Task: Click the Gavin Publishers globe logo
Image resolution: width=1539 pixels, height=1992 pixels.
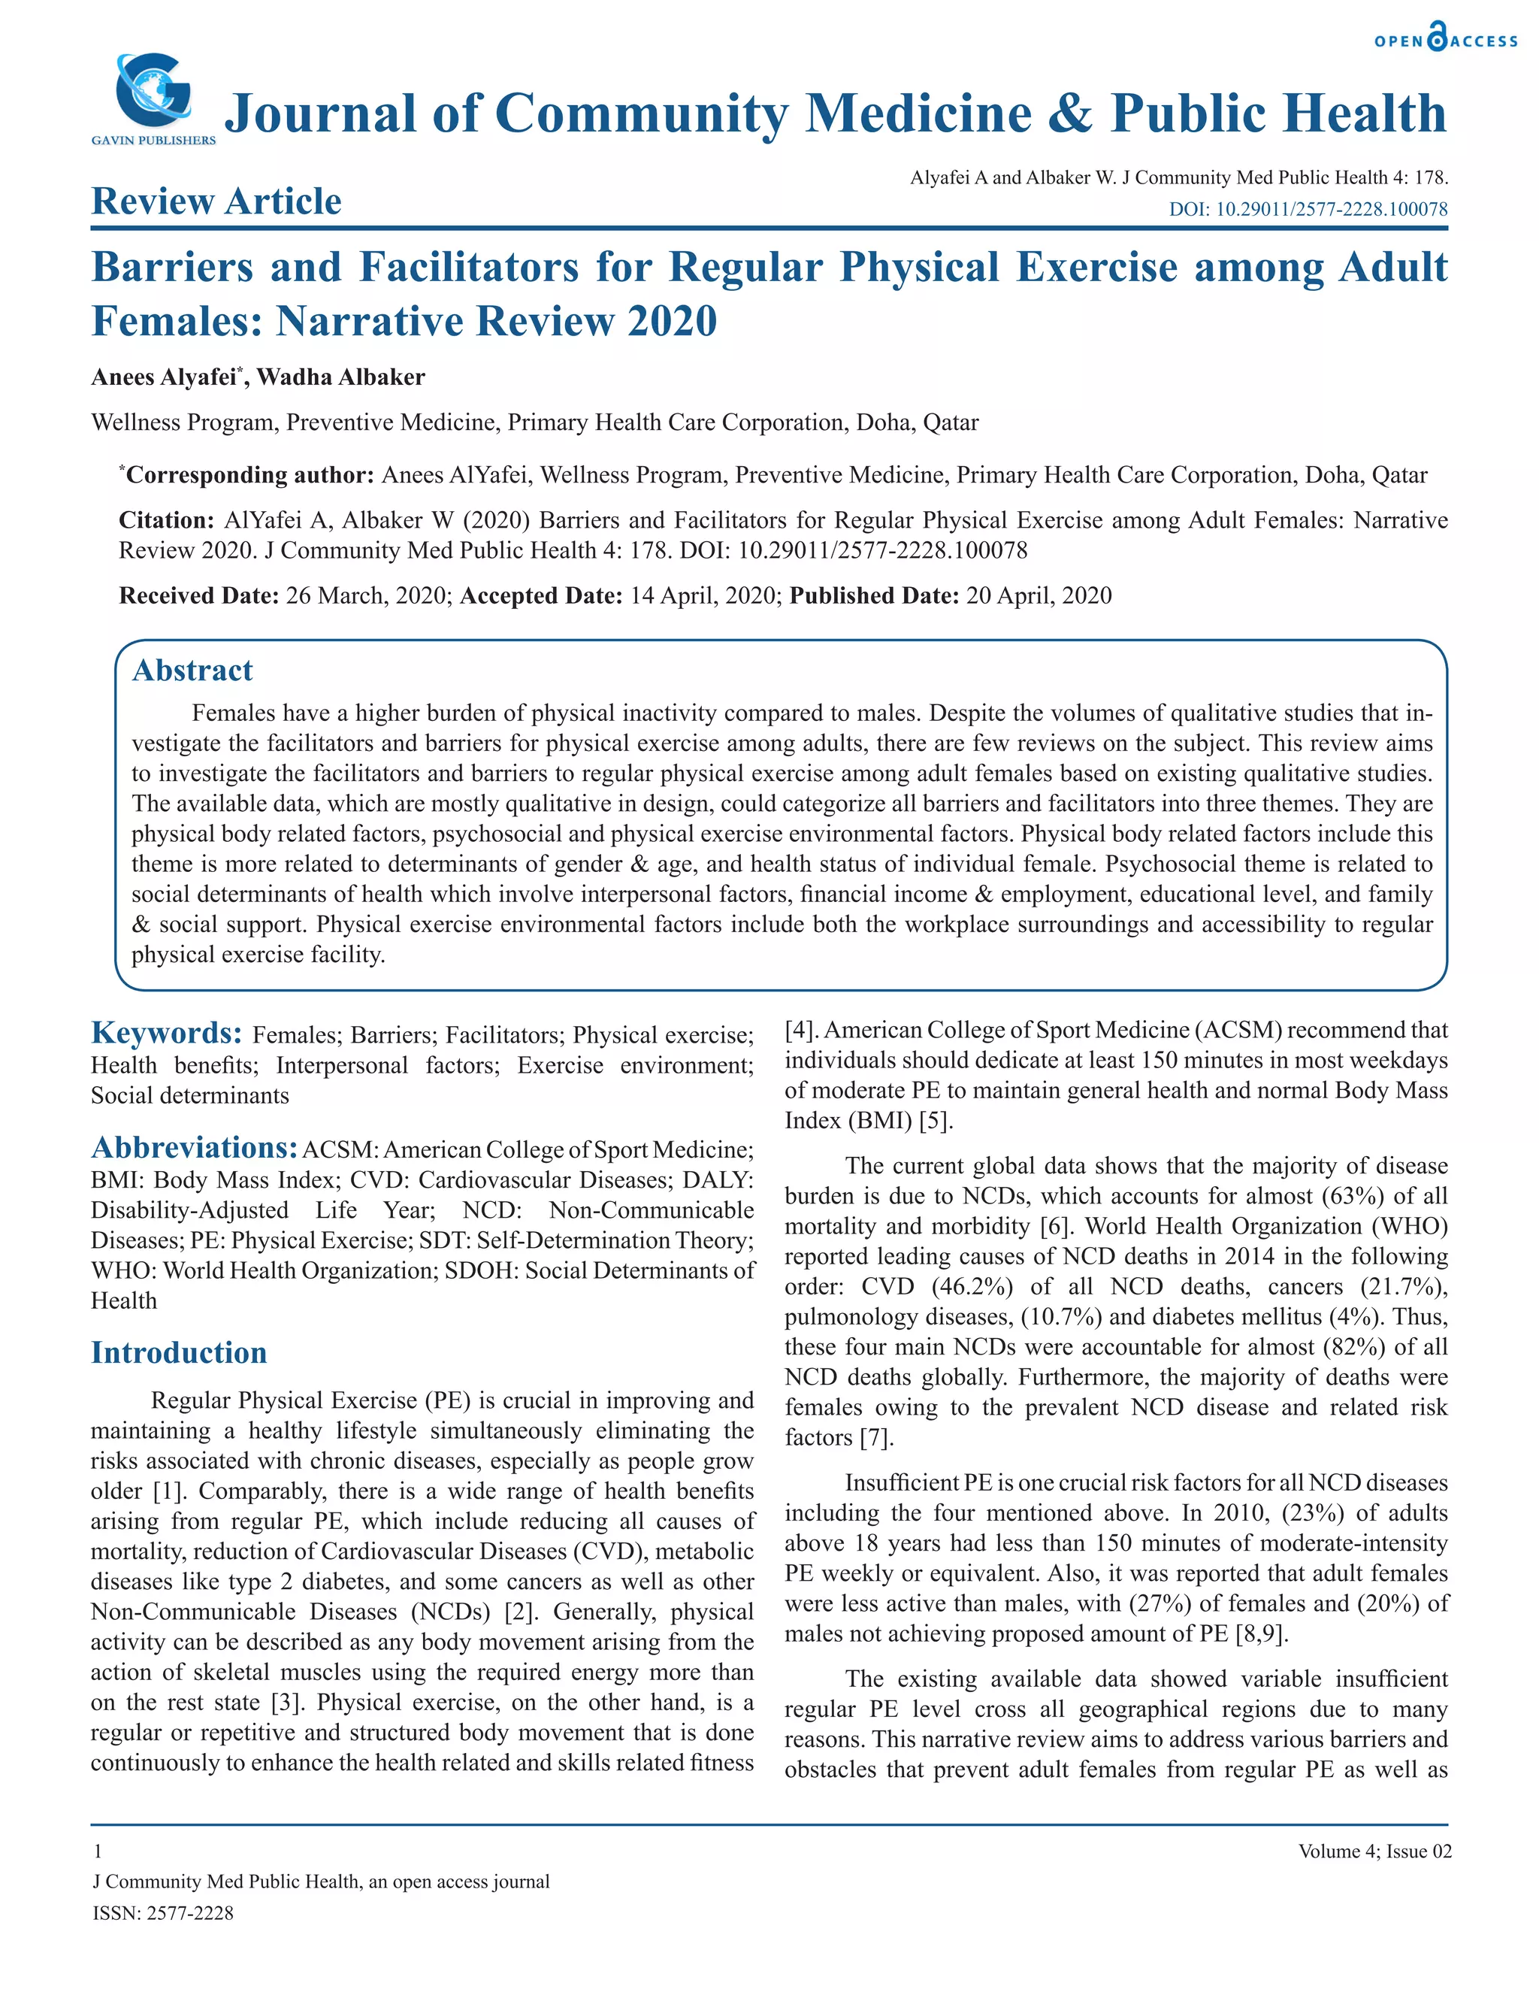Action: [x=153, y=92]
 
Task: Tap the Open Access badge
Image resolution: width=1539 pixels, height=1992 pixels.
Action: [x=1446, y=39]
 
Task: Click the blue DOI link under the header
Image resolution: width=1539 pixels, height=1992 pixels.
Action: [x=1308, y=209]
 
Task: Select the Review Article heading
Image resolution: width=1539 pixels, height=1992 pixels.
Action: [x=216, y=201]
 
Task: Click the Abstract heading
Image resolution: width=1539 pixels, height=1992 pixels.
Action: [x=192, y=671]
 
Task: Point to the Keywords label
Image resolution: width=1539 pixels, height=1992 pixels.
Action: [x=166, y=1034]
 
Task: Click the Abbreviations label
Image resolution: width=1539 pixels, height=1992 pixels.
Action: [x=193, y=1147]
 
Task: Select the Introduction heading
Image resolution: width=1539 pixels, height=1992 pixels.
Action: [x=179, y=1352]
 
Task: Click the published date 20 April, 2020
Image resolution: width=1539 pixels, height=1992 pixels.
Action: [x=1039, y=595]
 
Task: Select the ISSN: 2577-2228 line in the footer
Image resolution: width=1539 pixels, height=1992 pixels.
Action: [x=163, y=1912]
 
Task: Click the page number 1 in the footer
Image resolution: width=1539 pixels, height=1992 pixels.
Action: [x=97, y=1851]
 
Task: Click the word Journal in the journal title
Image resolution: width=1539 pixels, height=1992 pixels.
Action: [x=320, y=114]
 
